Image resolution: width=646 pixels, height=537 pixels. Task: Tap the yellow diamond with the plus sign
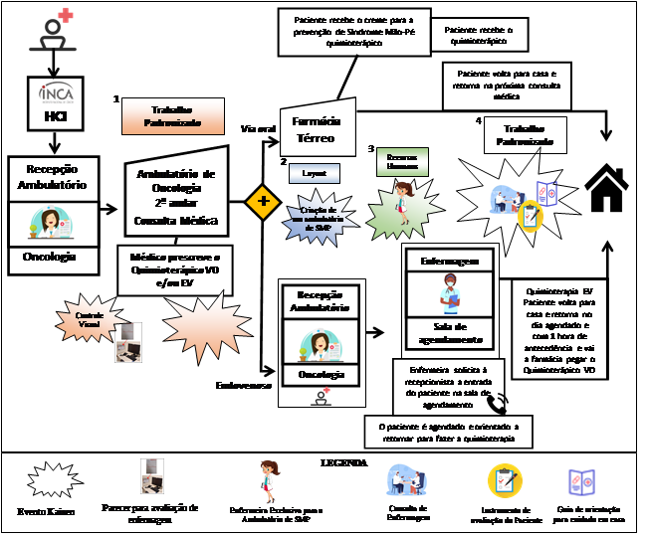click(263, 201)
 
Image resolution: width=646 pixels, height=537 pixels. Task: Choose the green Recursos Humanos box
click(402, 162)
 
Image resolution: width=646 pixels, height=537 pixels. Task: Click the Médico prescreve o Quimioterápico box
click(175, 269)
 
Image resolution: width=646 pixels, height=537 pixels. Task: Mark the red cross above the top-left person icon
click(66, 15)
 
